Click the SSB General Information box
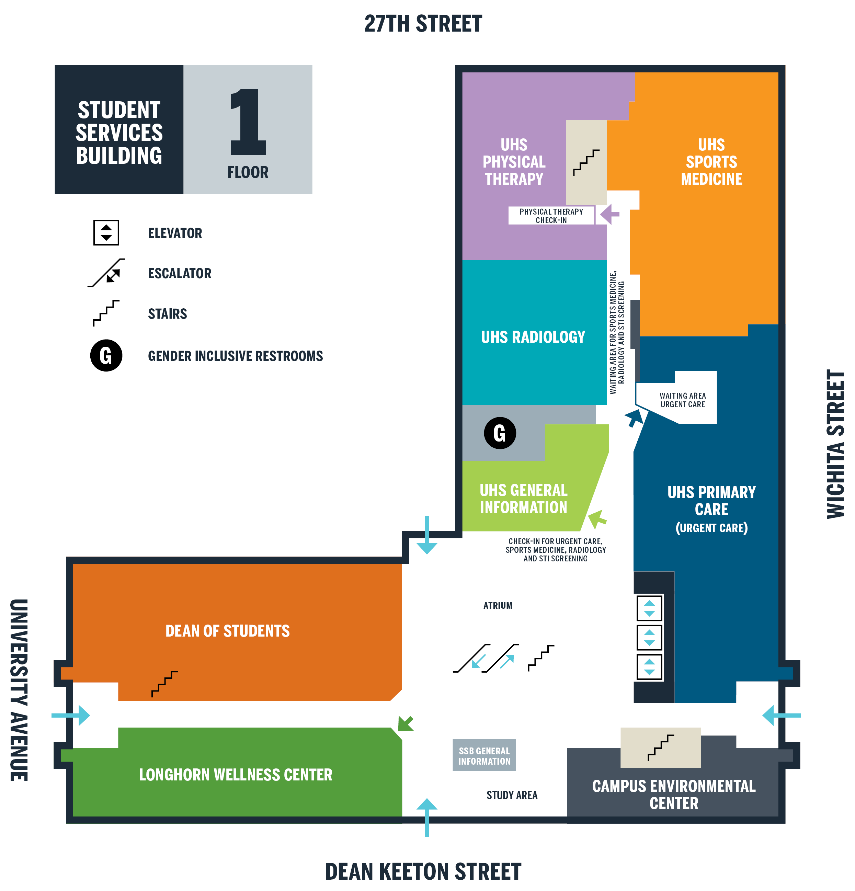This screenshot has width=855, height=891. tap(484, 755)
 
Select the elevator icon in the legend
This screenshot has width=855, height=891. tap(106, 233)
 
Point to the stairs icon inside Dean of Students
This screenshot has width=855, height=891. tap(164, 684)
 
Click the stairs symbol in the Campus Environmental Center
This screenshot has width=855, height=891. tap(660, 748)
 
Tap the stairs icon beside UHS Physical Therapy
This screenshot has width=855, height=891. tap(586, 163)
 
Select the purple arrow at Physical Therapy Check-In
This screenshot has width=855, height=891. tap(609, 214)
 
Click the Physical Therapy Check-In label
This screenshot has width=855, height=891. tap(551, 216)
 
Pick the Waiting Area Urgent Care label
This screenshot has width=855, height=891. tap(682, 400)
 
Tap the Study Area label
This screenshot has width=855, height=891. tap(512, 795)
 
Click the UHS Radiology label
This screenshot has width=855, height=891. tap(533, 337)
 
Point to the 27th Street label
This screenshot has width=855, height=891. tap(423, 24)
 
